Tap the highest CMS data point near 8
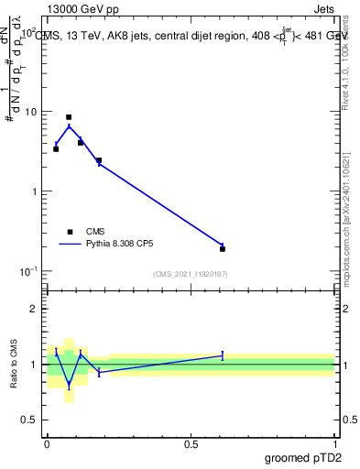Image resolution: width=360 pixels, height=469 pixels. [69, 117]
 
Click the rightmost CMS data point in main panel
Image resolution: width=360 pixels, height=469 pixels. [223, 248]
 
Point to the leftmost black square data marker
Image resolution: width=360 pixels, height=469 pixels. [56, 148]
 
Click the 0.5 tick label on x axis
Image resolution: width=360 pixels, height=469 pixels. [191, 443]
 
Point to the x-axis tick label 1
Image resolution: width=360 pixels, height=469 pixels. [335, 443]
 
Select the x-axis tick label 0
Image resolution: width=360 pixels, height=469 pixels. [47, 443]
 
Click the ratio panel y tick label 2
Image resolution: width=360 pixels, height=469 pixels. [33, 309]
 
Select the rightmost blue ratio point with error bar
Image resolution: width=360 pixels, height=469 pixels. [223, 355]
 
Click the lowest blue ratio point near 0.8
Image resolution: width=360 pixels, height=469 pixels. [69, 386]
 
